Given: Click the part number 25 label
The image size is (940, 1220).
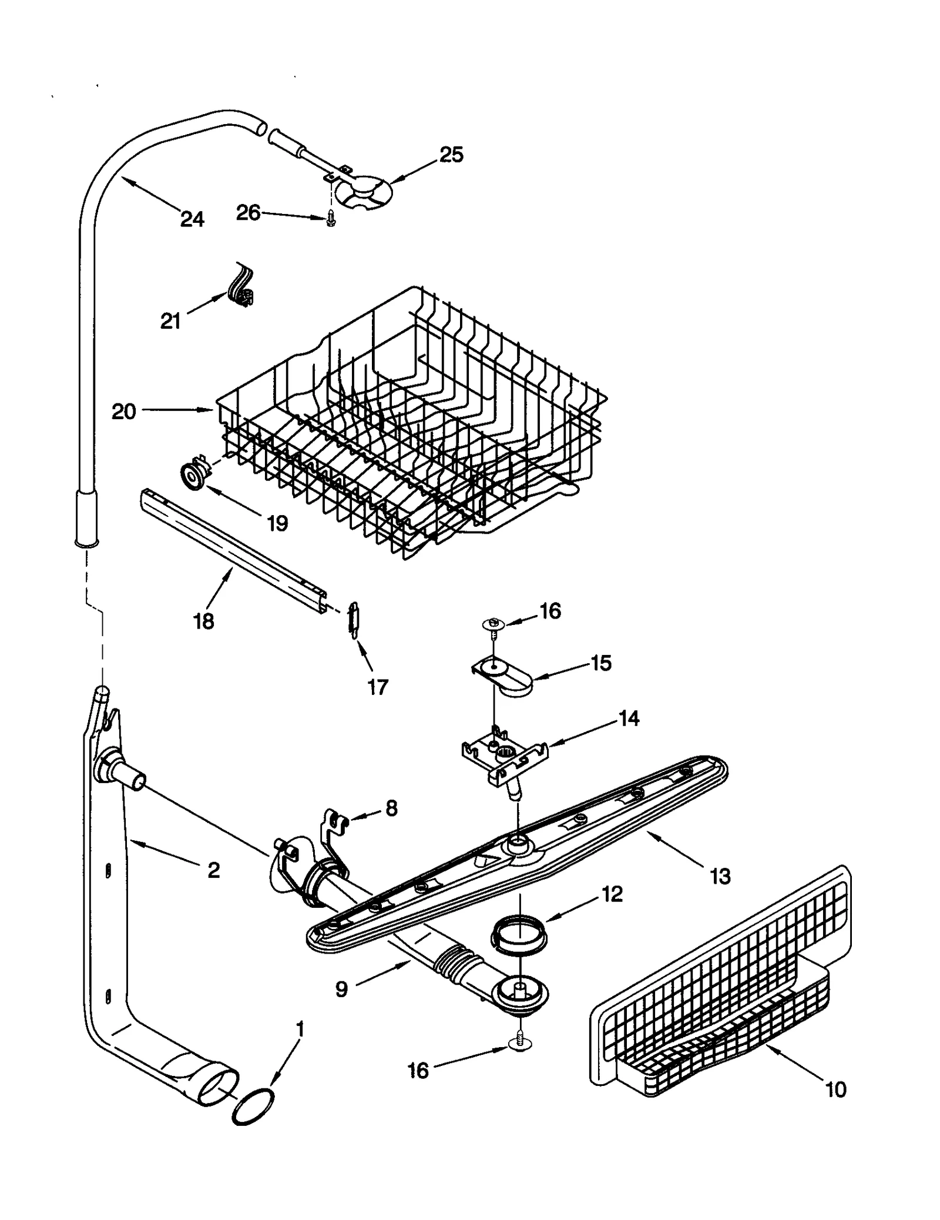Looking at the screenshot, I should (x=451, y=155).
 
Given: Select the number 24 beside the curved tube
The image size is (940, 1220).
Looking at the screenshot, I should (x=192, y=219).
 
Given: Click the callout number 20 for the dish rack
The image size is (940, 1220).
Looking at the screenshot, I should (x=123, y=412).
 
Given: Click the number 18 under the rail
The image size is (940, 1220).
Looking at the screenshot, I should (x=203, y=621).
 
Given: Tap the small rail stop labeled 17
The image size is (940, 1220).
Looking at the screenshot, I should (x=352, y=619).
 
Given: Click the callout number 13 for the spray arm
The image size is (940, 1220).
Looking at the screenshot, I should (x=720, y=876).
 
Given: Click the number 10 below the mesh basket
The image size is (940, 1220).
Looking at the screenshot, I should (x=835, y=1089).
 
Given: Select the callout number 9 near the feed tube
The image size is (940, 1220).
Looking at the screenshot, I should (x=341, y=989).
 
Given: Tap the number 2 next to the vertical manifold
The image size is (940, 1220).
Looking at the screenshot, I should (x=214, y=870).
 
